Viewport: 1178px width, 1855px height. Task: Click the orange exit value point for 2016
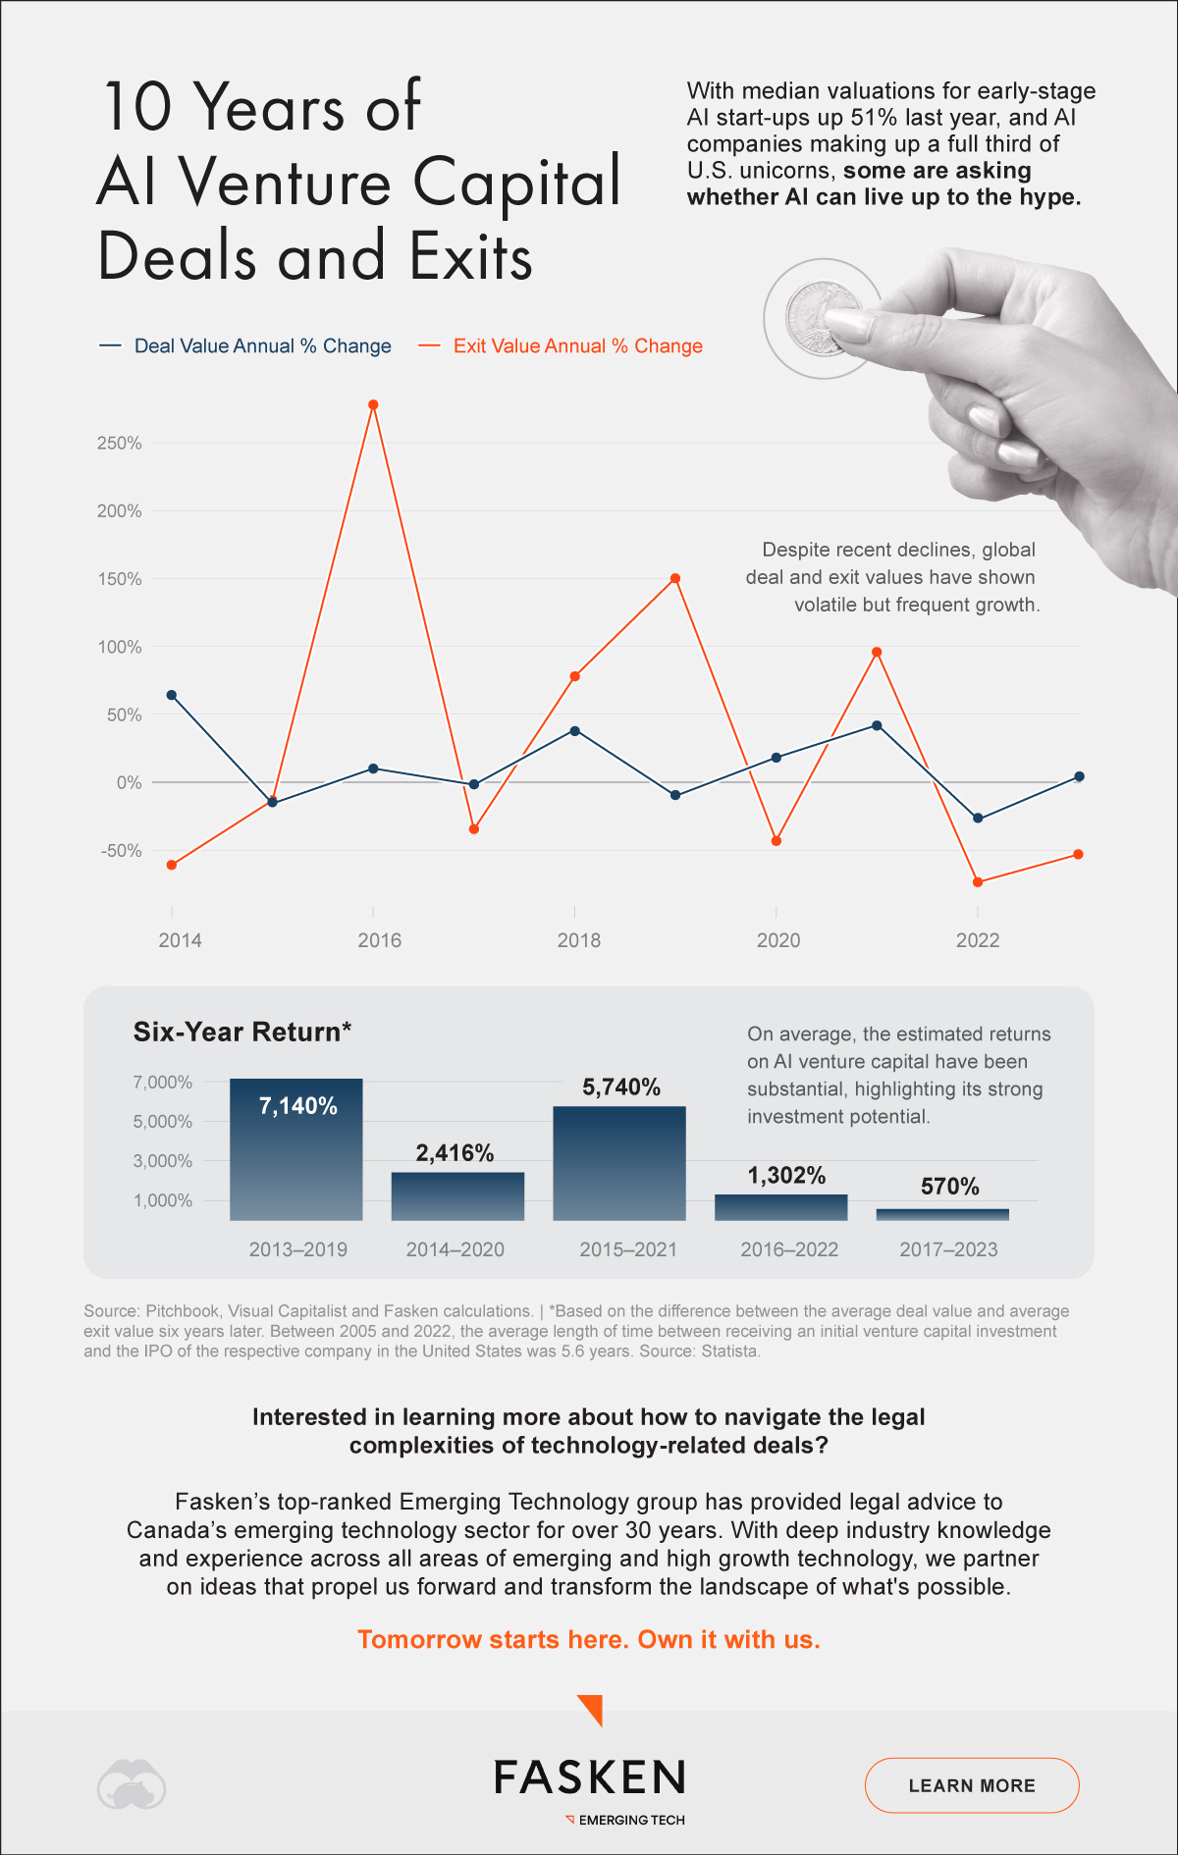pyautogui.click(x=373, y=404)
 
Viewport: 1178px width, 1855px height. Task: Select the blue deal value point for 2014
pyautogui.click(x=172, y=695)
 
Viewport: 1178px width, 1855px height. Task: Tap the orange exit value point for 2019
pyautogui.click(x=675, y=578)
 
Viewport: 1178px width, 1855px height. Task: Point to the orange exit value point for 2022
pyautogui.click(x=978, y=882)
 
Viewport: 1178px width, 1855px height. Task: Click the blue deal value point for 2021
pyautogui.click(x=877, y=725)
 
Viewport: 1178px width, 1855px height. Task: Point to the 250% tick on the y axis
pyautogui.click(x=119, y=443)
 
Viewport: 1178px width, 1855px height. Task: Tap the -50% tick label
pyautogui.click(x=121, y=850)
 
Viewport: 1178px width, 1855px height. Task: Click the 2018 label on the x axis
pyautogui.click(x=578, y=940)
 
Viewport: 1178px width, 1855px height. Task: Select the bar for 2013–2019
pyautogui.click(x=296, y=1148)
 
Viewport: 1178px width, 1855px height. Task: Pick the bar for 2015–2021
pyautogui.click(x=619, y=1163)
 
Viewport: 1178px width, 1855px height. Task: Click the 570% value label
pyautogui.click(x=949, y=1187)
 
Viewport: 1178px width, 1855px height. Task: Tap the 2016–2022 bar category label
pyautogui.click(x=789, y=1249)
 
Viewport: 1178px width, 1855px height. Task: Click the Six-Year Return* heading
pyautogui.click(x=241, y=1032)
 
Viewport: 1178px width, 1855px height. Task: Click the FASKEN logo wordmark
pyautogui.click(x=589, y=1777)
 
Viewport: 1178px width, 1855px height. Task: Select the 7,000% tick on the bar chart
pyautogui.click(x=162, y=1082)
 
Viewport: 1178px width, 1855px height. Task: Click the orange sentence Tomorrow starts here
pyautogui.click(x=588, y=1640)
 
